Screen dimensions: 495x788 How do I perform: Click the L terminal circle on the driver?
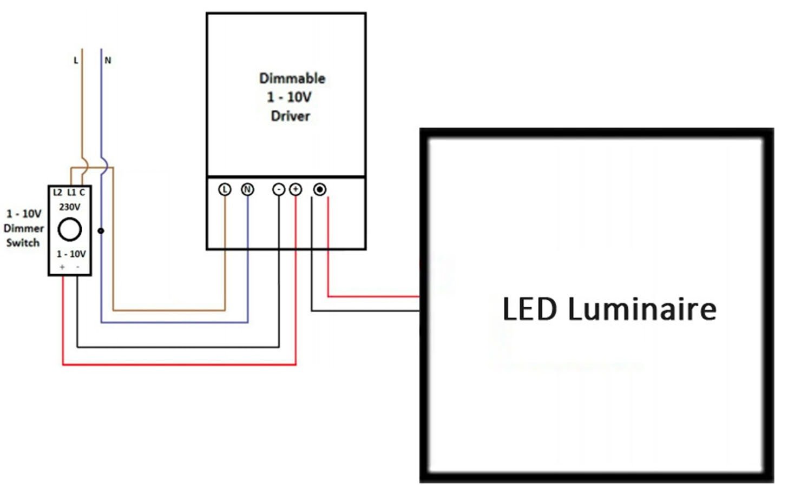pyautogui.click(x=225, y=189)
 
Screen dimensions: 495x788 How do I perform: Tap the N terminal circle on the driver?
pyautogui.click(x=247, y=189)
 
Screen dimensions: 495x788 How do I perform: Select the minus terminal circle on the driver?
pyautogui.click(x=278, y=189)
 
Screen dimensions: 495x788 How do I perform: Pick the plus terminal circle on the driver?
pyautogui.click(x=295, y=189)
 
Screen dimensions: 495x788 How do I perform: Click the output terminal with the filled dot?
pyautogui.click(x=320, y=189)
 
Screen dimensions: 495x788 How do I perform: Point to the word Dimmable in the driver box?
pyautogui.click(x=292, y=78)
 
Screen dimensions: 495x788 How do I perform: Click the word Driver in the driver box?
pyautogui.click(x=291, y=116)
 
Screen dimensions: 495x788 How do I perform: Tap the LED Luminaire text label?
pyautogui.click(x=609, y=309)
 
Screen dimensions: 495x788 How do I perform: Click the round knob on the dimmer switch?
pyautogui.click(x=70, y=229)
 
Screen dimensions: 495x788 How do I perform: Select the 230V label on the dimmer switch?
pyautogui.click(x=70, y=207)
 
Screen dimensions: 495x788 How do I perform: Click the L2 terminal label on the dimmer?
pyautogui.click(x=57, y=193)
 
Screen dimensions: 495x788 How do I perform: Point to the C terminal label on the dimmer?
pyautogui.click(x=82, y=193)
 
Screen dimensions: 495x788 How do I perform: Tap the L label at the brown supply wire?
pyautogui.click(x=76, y=61)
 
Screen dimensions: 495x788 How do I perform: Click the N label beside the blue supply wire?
pyautogui.click(x=108, y=61)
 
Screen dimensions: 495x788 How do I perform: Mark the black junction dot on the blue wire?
pyautogui.click(x=101, y=231)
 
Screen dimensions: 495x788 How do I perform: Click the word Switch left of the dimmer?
pyautogui.click(x=23, y=243)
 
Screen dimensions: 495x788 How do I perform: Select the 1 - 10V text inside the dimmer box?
pyautogui.click(x=71, y=254)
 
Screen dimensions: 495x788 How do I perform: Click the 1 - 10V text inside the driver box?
pyautogui.click(x=289, y=97)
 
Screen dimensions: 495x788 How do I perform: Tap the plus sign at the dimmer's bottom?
pyautogui.click(x=62, y=267)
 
